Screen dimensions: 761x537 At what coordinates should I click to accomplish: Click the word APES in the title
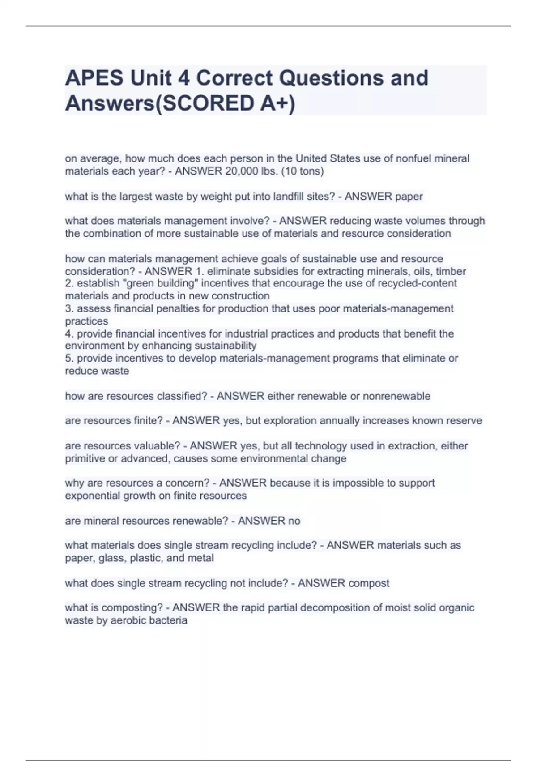pos(94,78)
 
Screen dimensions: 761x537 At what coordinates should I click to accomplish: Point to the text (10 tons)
pos(302,171)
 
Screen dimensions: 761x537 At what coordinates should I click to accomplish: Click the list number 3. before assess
pos(69,308)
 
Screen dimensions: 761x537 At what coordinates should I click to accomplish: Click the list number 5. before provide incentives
pos(69,358)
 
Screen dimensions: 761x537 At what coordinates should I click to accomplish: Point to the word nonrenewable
pos(396,396)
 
